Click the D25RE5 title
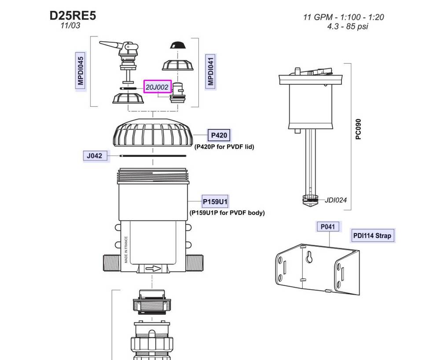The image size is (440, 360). point(73,15)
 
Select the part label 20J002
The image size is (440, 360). point(157,87)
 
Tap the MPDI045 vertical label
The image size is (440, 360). point(81,70)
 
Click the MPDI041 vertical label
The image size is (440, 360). point(211,70)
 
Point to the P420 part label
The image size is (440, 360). point(218,135)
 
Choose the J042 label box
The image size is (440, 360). point(95,155)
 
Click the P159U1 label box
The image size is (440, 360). point(215,202)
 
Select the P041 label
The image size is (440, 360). point(328,226)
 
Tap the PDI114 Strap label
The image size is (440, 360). point(372,236)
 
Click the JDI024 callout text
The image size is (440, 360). point(336,200)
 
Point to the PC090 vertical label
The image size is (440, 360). point(359,129)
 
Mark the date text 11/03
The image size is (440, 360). point(70,26)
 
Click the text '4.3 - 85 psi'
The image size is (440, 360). point(348,26)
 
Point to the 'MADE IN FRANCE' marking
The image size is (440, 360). point(126,250)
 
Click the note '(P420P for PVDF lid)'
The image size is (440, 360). point(224,147)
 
